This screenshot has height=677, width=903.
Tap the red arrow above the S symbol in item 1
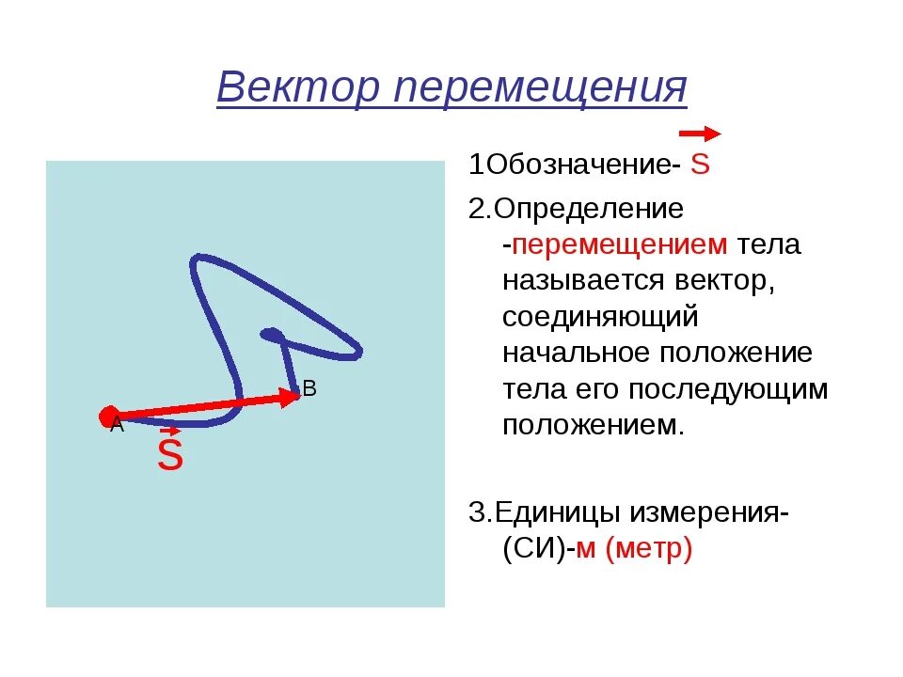coord(699,134)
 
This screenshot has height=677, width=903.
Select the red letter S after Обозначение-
coord(699,165)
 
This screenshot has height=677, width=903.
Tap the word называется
coord(584,280)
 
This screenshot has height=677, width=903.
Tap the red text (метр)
coord(649,549)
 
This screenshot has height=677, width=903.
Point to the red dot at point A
coord(108,416)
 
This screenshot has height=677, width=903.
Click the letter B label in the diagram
coord(309,388)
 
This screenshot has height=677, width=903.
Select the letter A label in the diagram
coord(117,426)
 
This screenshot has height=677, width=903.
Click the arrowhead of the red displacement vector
coord(288,397)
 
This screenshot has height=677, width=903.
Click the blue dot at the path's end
coord(271,334)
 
